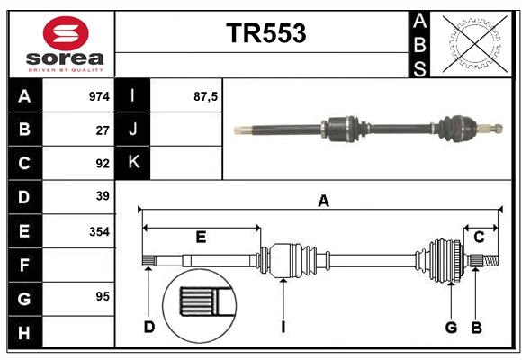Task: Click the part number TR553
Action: [x=265, y=33]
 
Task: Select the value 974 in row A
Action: [x=99, y=95]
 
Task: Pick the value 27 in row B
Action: [x=103, y=129]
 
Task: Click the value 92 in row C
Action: [x=103, y=163]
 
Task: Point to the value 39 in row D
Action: [x=103, y=196]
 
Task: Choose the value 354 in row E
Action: [x=99, y=231]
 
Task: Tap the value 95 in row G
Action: [x=103, y=296]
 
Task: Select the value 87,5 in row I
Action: [x=206, y=95]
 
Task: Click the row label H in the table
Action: [x=23, y=333]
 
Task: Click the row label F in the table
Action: [x=23, y=265]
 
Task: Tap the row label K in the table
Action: [x=133, y=163]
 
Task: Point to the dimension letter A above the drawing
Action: [x=323, y=202]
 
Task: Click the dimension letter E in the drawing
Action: [x=201, y=238]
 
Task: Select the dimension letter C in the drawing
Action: [x=479, y=237]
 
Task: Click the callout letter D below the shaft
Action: [x=148, y=327]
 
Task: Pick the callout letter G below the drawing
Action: [x=451, y=327]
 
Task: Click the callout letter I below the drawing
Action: [x=283, y=327]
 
